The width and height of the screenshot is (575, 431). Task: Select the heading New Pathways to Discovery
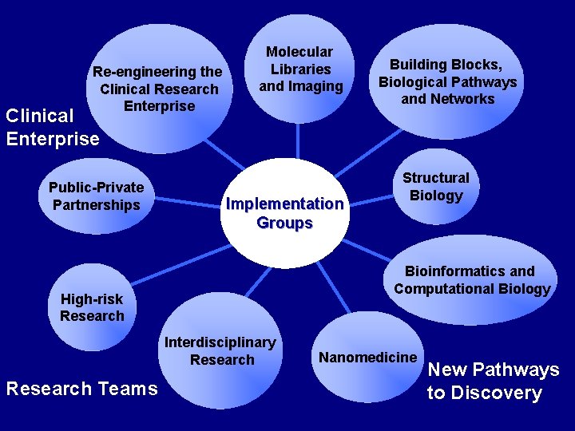493,381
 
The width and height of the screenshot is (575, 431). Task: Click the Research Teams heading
81,389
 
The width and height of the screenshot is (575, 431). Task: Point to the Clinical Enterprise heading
51,127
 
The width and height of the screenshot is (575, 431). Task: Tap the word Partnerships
97,205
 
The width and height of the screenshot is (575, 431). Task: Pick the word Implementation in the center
285,204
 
